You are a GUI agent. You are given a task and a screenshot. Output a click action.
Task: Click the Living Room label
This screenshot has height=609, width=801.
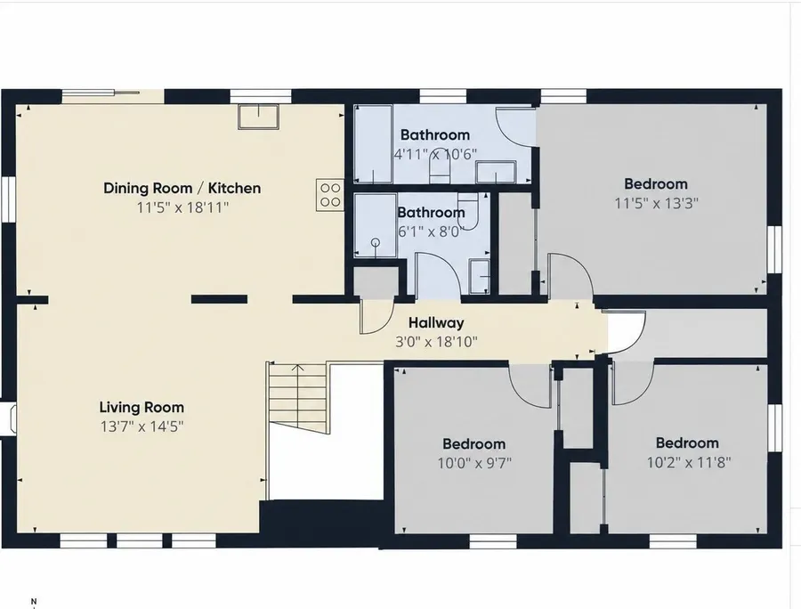142,408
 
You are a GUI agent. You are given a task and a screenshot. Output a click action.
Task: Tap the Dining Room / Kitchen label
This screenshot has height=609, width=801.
182,188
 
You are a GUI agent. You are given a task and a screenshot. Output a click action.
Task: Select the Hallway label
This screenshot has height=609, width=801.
436,323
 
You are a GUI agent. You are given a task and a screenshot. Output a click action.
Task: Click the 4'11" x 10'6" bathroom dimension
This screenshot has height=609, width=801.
435,154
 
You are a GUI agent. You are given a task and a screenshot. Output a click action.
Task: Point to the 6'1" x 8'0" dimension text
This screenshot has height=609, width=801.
431,232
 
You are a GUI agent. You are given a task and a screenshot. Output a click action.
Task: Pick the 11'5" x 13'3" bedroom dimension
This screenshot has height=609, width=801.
656,203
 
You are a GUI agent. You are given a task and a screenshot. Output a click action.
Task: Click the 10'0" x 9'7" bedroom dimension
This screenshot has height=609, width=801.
474,463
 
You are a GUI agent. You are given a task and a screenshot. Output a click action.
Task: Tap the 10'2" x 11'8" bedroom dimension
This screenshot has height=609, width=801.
689,462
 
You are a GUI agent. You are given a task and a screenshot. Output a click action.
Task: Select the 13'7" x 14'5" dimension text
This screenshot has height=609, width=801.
142,426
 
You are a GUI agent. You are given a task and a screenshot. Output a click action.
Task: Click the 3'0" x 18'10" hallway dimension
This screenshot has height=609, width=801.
436,341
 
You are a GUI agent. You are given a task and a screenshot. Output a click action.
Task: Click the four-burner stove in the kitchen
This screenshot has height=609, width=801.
329,195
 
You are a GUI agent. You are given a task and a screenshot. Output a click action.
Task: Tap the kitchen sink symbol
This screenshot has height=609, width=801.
258,117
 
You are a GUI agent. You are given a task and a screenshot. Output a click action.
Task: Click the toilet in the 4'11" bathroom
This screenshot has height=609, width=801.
439,166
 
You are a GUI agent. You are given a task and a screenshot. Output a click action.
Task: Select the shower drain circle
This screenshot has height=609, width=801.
376,242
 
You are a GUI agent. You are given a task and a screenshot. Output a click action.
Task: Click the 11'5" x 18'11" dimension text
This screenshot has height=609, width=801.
182,207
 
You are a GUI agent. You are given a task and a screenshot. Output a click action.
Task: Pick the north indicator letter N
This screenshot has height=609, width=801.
34,601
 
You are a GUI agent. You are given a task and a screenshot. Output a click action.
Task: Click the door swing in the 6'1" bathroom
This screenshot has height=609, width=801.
438,274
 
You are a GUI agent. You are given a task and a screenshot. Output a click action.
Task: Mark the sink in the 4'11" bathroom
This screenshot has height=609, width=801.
496,172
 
